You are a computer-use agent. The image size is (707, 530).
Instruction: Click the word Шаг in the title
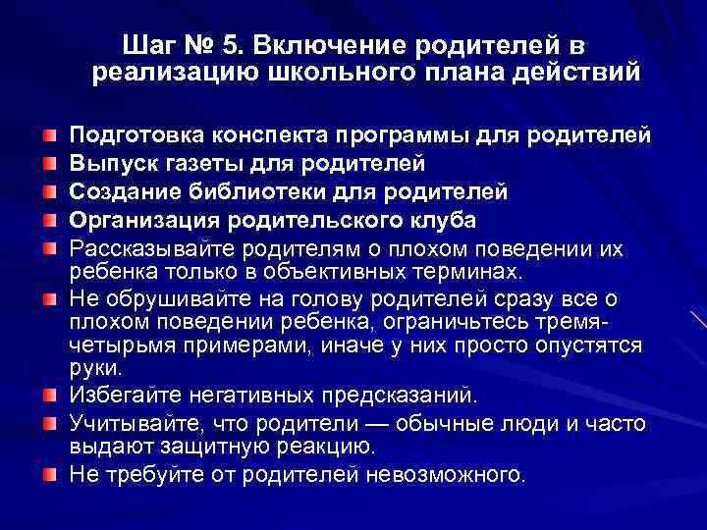[151, 45]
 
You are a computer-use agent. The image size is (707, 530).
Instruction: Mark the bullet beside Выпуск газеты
[49, 161]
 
